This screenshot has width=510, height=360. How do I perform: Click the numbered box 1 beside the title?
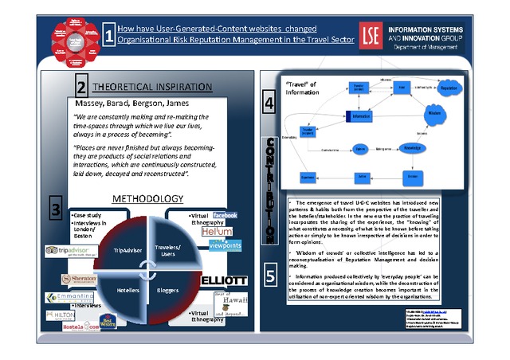tap(109, 34)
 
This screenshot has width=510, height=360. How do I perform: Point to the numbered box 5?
tap(270, 276)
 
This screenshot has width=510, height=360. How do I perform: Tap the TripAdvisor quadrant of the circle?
tap(127, 250)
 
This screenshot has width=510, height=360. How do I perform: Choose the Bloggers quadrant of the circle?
tap(168, 290)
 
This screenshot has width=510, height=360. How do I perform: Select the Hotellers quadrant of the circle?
tap(127, 290)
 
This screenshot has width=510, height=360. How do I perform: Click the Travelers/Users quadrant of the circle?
tap(169, 250)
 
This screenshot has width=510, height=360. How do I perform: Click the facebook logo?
tap(226, 216)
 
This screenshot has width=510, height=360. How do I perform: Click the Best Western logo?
tap(108, 323)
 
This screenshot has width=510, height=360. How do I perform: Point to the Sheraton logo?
tap(79, 278)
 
